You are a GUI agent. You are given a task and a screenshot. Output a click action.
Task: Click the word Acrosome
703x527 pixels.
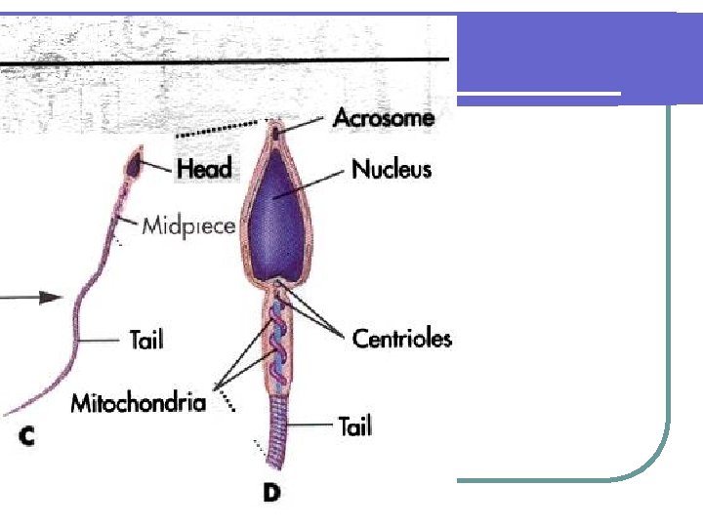(383, 118)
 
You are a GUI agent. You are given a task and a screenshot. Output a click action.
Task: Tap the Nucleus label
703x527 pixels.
(391, 169)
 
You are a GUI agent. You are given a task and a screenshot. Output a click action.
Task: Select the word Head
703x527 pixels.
(204, 168)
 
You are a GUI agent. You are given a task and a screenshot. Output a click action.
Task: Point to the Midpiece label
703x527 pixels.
(188, 226)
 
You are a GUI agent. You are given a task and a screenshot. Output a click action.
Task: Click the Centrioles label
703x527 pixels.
(401, 339)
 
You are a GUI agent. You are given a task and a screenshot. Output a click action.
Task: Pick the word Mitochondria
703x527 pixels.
(138, 402)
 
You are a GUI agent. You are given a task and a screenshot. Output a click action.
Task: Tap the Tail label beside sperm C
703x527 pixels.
(145, 339)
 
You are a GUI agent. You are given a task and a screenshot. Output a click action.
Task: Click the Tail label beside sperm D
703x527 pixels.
(354, 426)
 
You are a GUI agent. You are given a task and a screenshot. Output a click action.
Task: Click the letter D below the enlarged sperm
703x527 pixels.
(270, 493)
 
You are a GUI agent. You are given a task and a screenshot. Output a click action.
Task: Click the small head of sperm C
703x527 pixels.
(134, 164)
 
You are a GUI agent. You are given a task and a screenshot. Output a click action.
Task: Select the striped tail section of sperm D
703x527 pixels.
(280, 420)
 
